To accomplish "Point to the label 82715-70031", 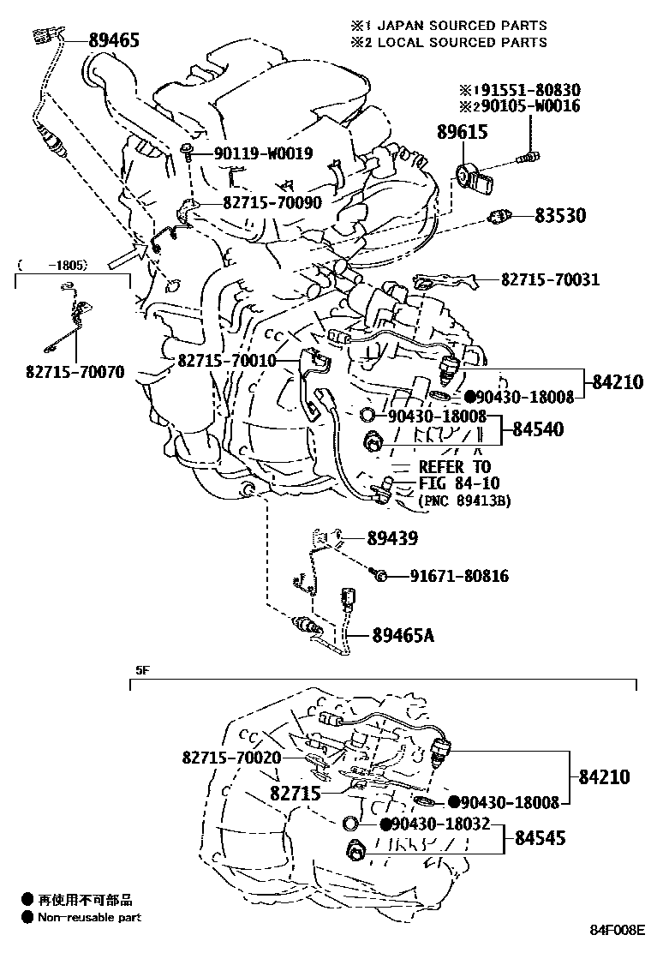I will coord(550,280).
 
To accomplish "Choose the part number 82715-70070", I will coord(75,373).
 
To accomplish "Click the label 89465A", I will coord(403,635).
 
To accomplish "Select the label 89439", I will coord(392,538).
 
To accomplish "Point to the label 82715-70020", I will coord(231,758).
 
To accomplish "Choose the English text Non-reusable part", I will coord(90,917).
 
